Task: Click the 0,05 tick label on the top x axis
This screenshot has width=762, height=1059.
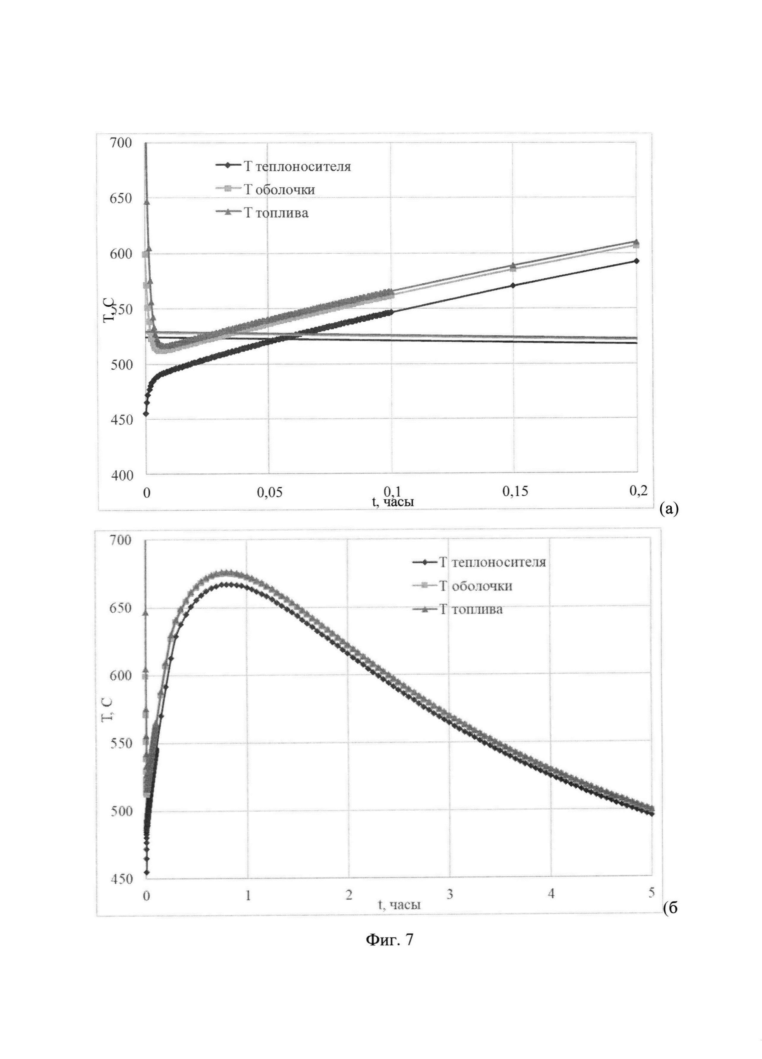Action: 269,493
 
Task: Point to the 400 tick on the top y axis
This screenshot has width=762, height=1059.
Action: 121,475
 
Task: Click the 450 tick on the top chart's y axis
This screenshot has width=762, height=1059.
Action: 121,420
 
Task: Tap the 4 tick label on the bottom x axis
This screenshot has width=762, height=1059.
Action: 552,894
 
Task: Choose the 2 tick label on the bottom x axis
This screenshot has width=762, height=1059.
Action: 349,894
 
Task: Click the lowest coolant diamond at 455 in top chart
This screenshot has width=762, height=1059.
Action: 146,413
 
